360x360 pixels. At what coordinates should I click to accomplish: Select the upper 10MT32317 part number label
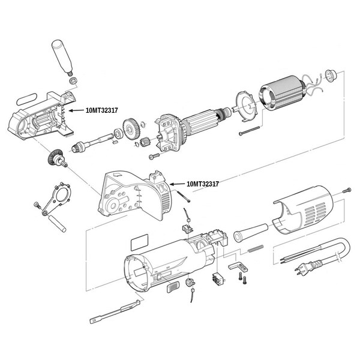(101, 110)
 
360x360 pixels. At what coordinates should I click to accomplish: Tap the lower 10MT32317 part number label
(203, 184)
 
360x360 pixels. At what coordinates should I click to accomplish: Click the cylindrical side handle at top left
(62, 57)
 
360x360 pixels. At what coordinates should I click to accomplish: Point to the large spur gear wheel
(131, 129)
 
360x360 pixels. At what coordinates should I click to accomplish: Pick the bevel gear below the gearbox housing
(56, 158)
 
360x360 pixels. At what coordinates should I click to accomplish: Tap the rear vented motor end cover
(302, 209)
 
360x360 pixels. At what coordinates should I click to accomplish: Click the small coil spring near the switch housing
(256, 248)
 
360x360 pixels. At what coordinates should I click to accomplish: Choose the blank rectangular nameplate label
(139, 242)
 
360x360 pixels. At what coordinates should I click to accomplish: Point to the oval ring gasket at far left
(27, 99)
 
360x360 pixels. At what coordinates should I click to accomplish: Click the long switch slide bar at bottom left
(115, 311)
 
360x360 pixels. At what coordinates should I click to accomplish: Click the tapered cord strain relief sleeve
(251, 232)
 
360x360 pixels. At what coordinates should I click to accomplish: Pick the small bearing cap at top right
(331, 76)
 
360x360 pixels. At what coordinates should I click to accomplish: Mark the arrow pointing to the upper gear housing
(76, 110)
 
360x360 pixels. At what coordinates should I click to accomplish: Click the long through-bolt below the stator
(249, 130)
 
